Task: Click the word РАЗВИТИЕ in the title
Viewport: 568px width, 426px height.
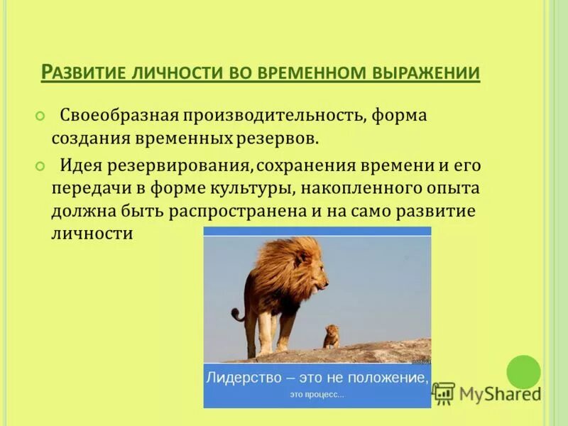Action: [83, 73]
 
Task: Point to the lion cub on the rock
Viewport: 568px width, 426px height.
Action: [331, 336]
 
